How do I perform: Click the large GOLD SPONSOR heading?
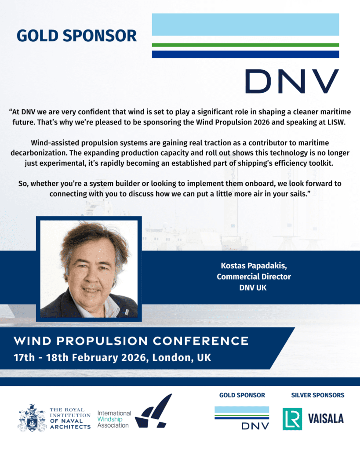[76, 36]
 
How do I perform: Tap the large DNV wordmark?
[292, 81]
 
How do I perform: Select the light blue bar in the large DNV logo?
[245, 25]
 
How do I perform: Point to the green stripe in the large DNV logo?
[245, 45]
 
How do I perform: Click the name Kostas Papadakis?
[254, 266]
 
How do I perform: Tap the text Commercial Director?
[254, 277]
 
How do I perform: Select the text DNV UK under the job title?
[253, 287]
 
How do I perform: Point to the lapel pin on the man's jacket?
[125, 312]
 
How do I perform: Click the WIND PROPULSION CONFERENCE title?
[131, 341]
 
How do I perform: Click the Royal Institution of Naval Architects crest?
[32, 418]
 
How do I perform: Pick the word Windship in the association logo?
[109, 419]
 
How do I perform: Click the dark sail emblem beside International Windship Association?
[153, 411]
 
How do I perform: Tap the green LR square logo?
[292, 419]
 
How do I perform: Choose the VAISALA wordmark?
[326, 419]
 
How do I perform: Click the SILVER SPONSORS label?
[317, 395]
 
